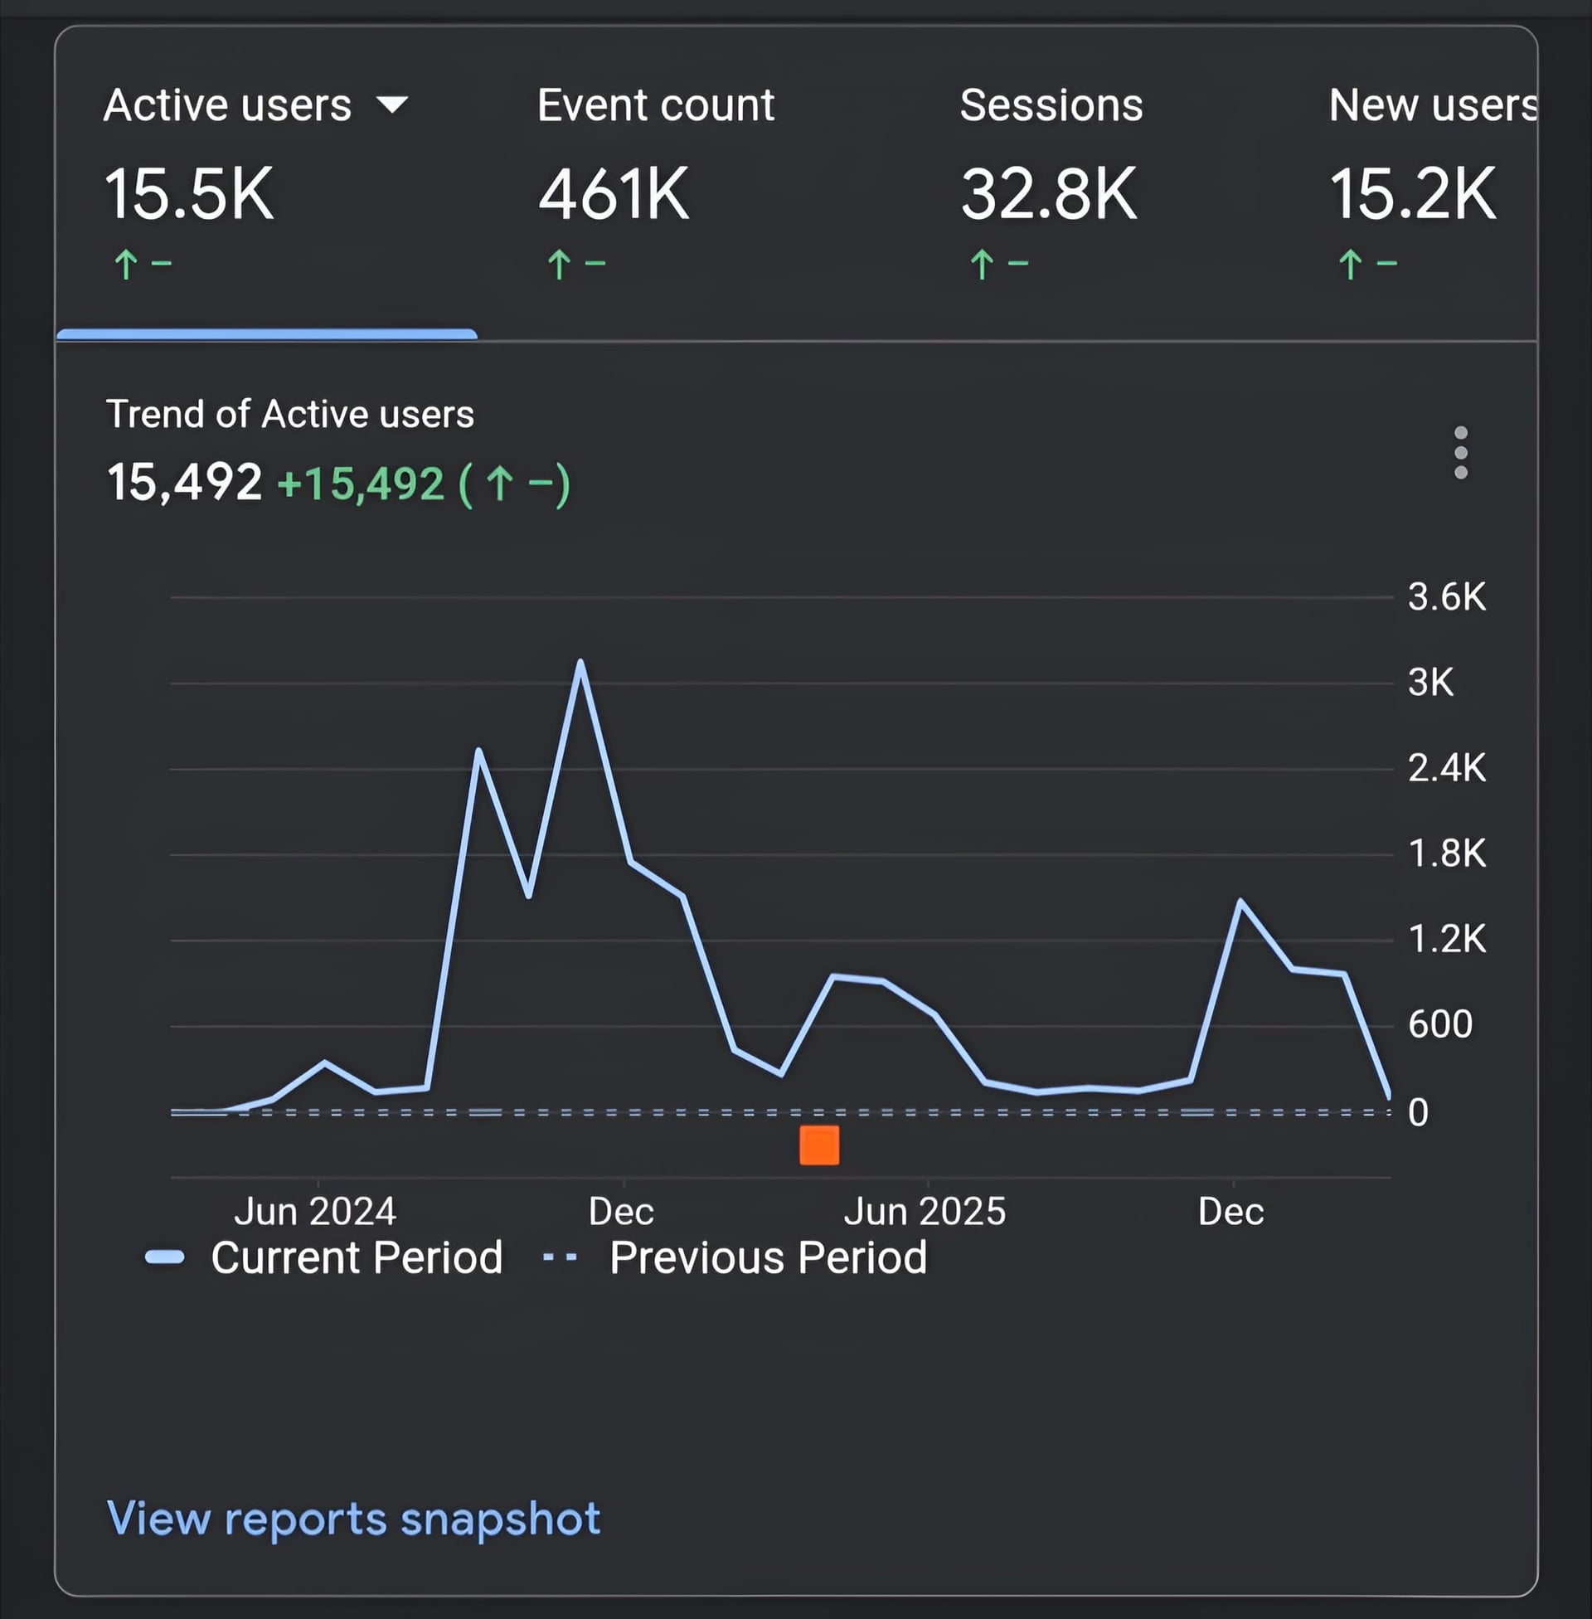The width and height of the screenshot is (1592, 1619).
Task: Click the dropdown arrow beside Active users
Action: (x=391, y=105)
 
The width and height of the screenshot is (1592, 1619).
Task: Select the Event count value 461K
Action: (x=613, y=194)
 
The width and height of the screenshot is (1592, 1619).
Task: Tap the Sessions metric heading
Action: (x=1051, y=105)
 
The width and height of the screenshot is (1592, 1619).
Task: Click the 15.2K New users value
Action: (x=1412, y=194)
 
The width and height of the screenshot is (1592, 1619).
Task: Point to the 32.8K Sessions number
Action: (x=1049, y=194)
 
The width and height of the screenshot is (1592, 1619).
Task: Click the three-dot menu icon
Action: (x=1461, y=452)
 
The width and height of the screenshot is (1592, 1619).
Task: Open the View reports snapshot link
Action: (x=354, y=1518)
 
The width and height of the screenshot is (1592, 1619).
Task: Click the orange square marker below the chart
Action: (x=818, y=1145)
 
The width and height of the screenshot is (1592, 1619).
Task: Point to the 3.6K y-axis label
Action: (x=1447, y=597)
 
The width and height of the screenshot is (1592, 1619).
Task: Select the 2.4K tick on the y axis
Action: (x=1447, y=768)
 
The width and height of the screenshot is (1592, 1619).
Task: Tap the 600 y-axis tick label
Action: (x=1439, y=1024)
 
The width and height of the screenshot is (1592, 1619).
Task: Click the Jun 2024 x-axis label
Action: (x=314, y=1211)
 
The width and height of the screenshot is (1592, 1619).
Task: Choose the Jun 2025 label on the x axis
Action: (x=924, y=1211)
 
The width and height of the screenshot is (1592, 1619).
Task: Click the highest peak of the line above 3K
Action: (x=580, y=663)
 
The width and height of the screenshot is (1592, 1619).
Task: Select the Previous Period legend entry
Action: (x=768, y=1257)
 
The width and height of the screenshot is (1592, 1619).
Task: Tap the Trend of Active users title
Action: (x=289, y=414)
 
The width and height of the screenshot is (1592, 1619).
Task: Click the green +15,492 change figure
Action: (x=360, y=484)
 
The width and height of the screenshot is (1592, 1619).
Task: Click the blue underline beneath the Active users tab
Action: (x=266, y=333)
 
